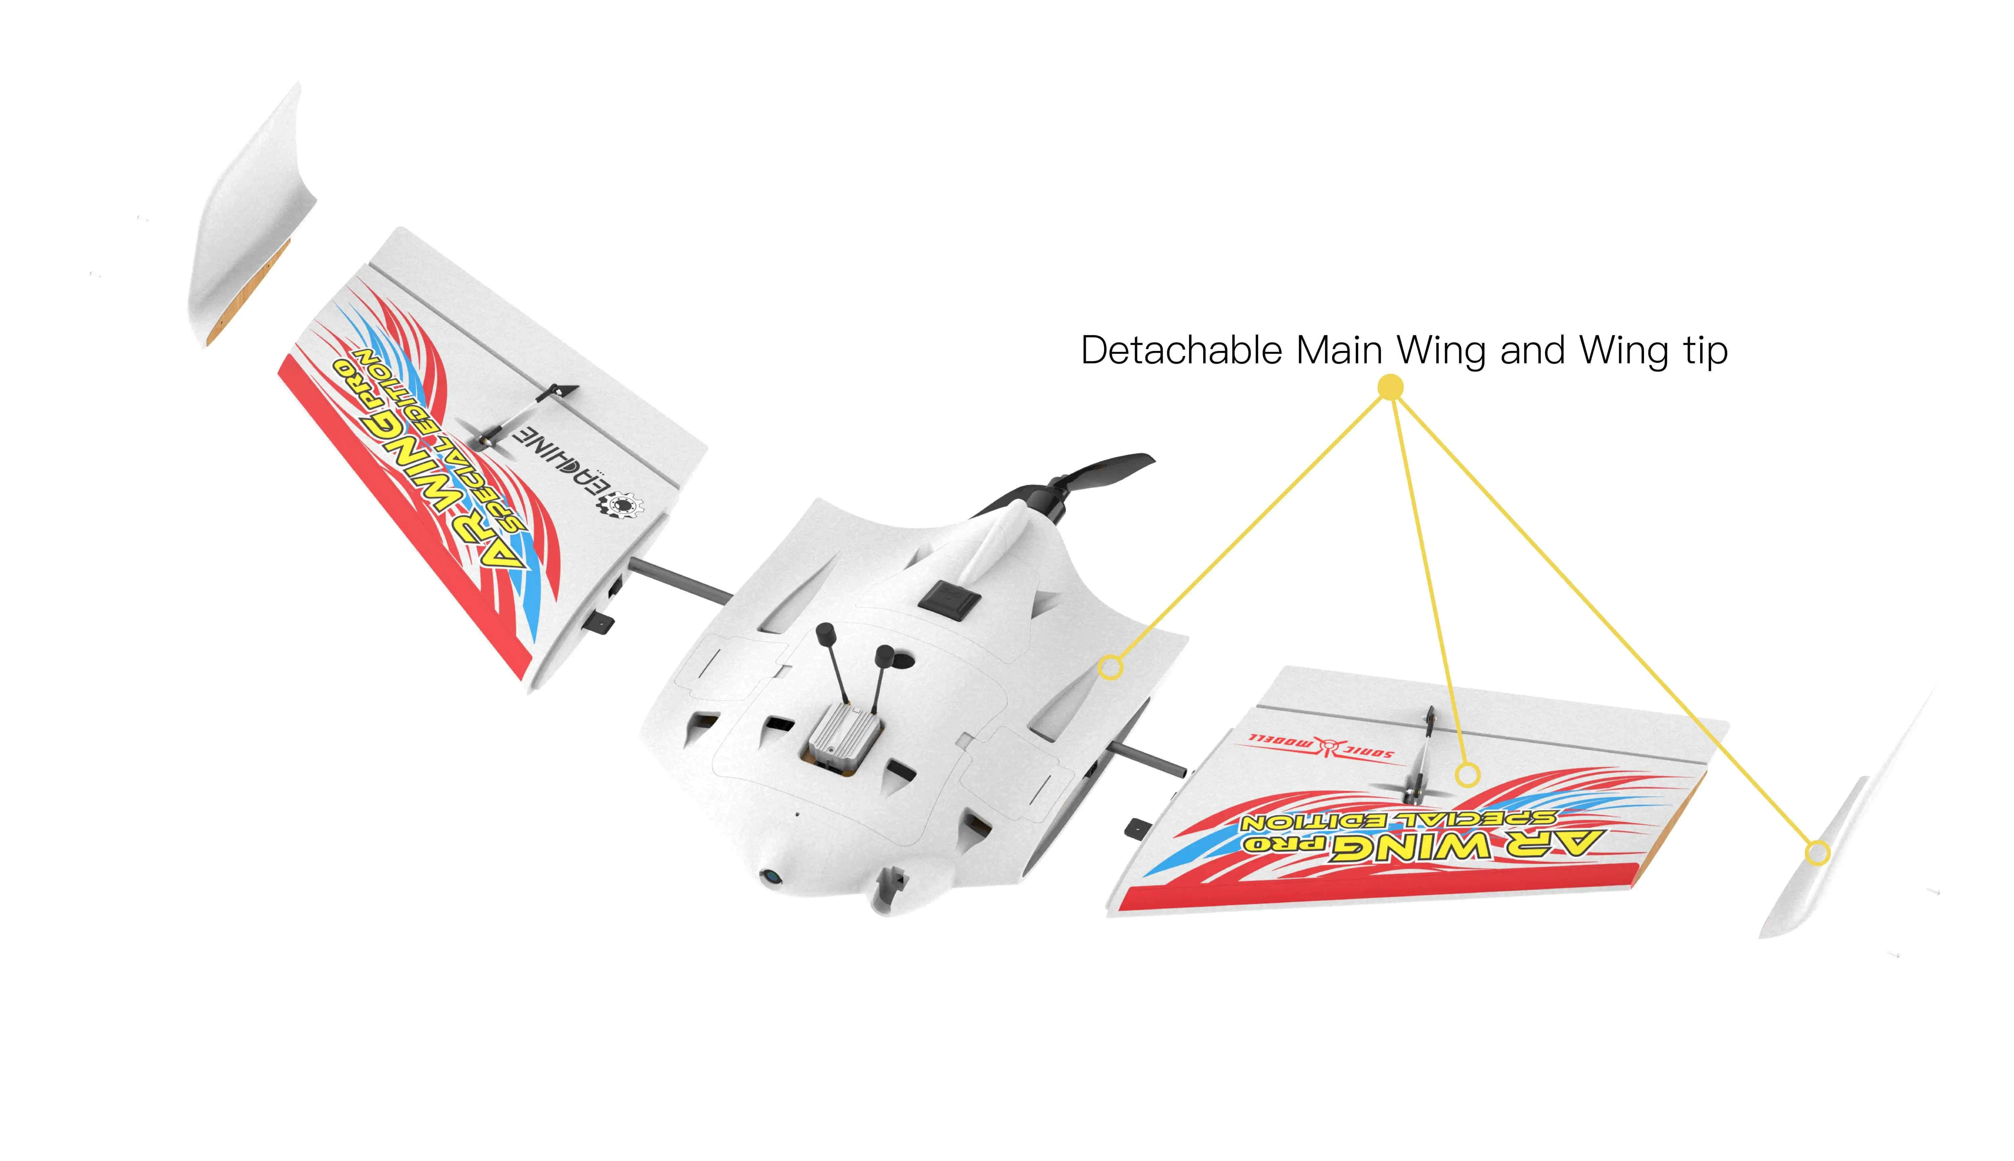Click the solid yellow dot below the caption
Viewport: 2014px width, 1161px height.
click(x=1390, y=388)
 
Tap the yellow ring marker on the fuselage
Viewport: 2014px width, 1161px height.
click(x=1110, y=667)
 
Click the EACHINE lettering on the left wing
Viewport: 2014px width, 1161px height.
click(x=558, y=458)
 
